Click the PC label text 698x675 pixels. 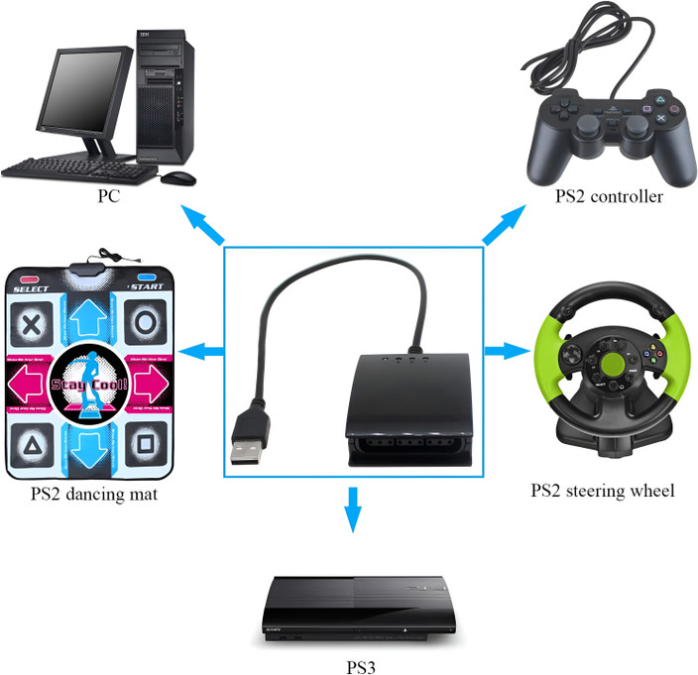coord(109,196)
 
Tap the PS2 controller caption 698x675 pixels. coord(608,196)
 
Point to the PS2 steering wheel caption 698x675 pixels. coord(602,490)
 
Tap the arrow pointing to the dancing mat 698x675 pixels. coord(203,349)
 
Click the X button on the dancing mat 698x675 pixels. coord(32,322)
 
